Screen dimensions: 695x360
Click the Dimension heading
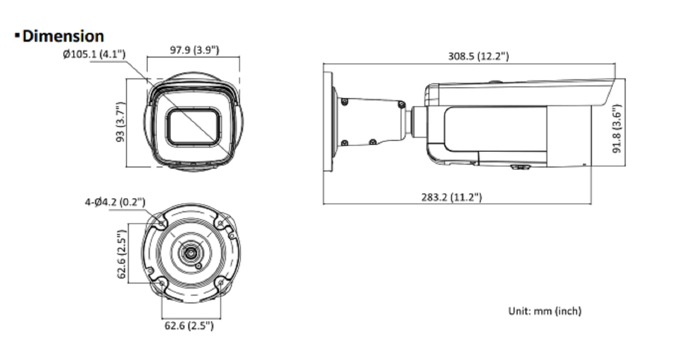click(x=63, y=36)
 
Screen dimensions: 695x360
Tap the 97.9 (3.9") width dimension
click(x=194, y=50)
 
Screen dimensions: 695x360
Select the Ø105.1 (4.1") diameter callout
click(x=95, y=54)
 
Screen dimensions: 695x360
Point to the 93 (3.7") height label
click(x=121, y=122)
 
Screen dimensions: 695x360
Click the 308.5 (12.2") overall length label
click(x=478, y=56)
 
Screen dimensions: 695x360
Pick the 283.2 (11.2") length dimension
click(x=451, y=197)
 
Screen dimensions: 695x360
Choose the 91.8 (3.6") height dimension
click(x=617, y=129)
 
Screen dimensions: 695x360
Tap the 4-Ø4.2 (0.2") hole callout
click(x=115, y=202)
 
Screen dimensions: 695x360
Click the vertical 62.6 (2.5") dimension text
click(x=122, y=254)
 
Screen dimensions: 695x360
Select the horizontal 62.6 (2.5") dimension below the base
click(x=189, y=326)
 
